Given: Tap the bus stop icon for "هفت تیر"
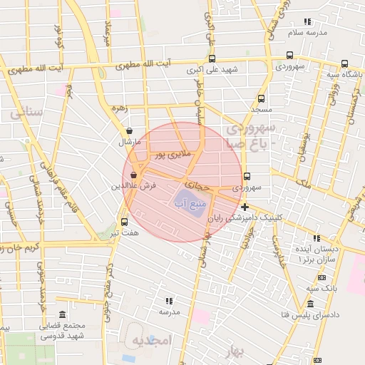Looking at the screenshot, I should tap(125, 222).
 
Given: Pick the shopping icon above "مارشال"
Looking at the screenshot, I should tap(128, 131).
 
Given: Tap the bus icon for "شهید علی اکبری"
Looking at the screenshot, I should tap(212, 59).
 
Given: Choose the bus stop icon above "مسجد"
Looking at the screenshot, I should tap(262, 99).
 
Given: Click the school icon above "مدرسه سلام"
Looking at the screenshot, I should tap(307, 22).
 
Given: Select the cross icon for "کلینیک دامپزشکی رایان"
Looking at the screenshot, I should tap(245, 207).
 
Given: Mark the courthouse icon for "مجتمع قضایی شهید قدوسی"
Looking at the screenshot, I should tap(62, 315).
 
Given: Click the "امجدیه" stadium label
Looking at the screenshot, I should tap(152, 341).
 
